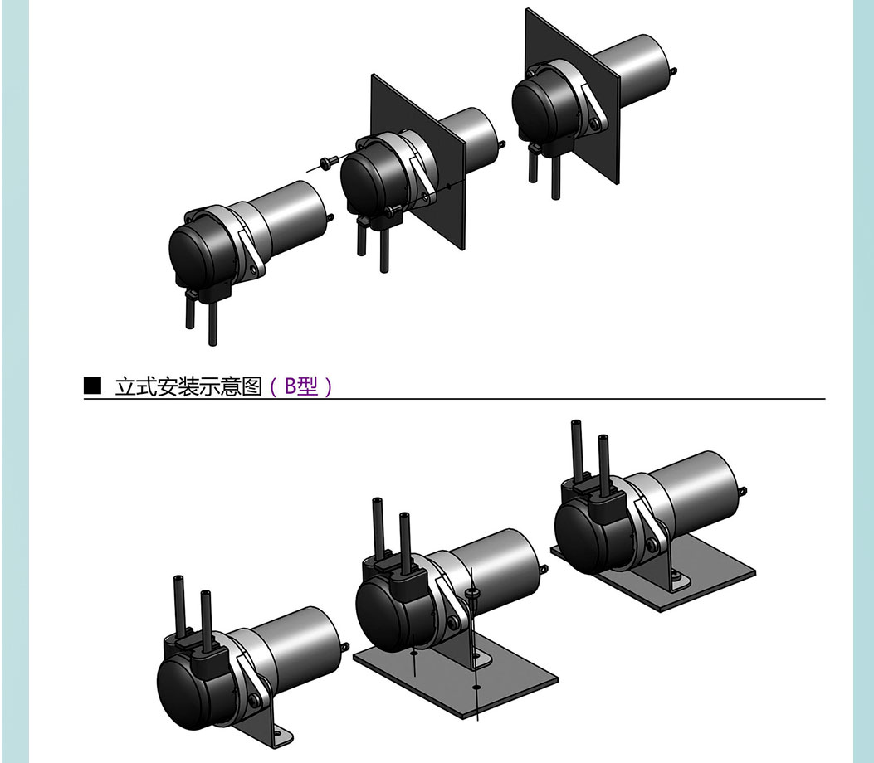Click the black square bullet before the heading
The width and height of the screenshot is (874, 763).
(92, 386)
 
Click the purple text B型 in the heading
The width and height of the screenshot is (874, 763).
(301, 386)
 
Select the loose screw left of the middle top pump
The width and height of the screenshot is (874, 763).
(327, 162)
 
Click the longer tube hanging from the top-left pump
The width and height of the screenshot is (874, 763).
(212, 321)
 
